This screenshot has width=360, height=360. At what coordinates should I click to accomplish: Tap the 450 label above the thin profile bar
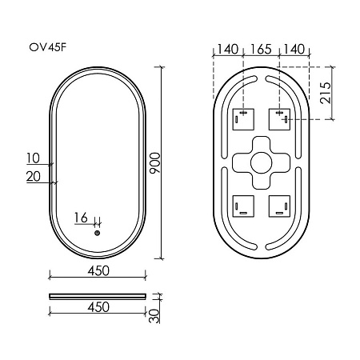(x=98, y=271)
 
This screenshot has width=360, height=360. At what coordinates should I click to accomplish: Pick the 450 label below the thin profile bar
(x=98, y=306)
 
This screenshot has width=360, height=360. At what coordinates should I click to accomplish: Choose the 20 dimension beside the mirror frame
(x=34, y=176)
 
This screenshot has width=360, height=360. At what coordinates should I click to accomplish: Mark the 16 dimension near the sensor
(x=80, y=218)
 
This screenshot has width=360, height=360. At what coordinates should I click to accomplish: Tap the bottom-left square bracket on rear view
(x=242, y=207)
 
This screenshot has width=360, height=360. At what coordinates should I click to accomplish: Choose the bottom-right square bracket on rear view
(x=280, y=207)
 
